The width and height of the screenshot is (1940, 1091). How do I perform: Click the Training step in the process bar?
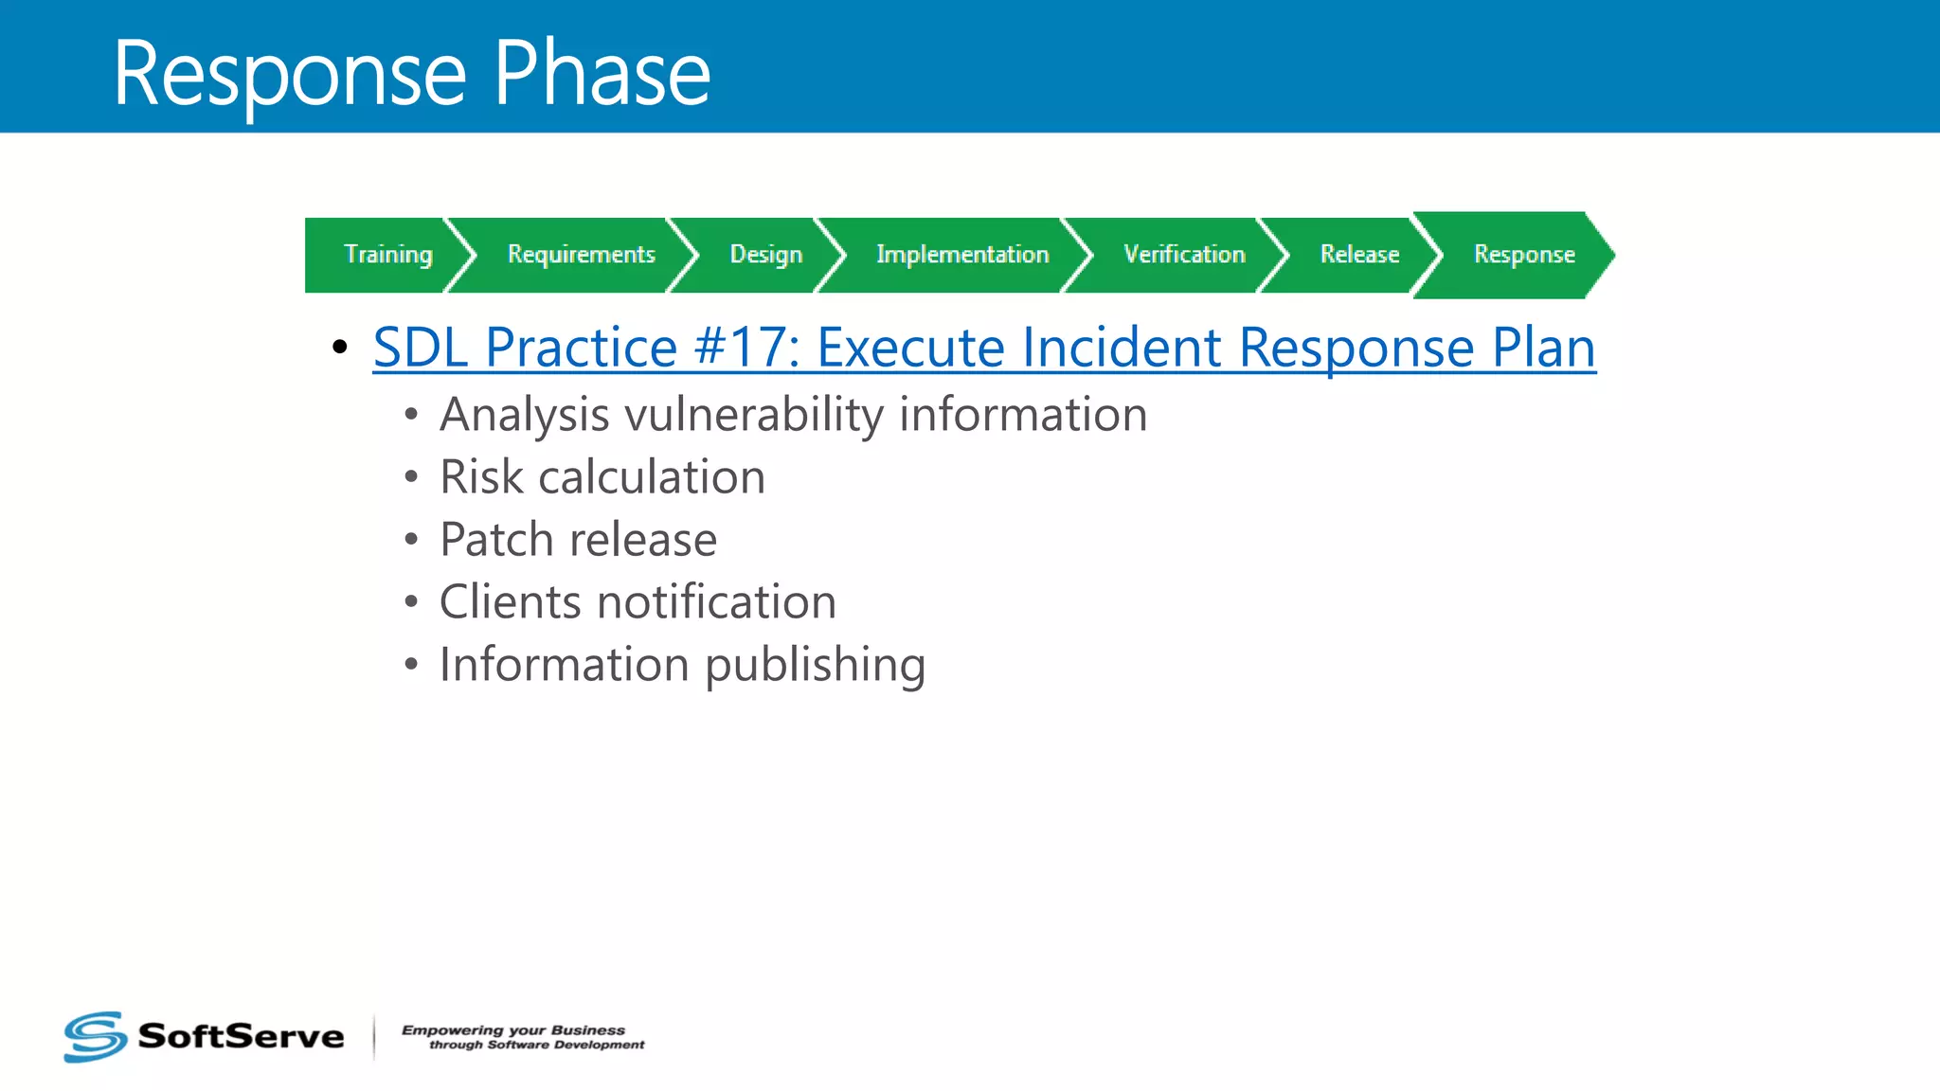387,255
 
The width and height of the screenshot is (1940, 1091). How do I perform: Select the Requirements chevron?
581,255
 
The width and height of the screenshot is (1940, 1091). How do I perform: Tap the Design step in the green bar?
765,255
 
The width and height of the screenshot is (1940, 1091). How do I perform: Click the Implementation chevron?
962,255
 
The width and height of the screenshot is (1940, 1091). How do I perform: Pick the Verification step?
1184,255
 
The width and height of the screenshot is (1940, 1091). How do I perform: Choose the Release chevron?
1359,255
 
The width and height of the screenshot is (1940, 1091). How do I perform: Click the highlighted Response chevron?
1523,255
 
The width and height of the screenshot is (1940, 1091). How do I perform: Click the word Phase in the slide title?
602,74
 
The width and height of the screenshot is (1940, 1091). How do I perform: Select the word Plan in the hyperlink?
1543,348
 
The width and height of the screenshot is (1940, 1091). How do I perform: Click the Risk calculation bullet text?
602,477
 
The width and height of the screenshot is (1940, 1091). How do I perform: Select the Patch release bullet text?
578,540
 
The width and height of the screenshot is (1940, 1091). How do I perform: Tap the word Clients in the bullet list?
510,602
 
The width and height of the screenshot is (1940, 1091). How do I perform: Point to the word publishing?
815,666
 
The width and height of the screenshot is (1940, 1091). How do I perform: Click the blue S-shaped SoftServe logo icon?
95,1036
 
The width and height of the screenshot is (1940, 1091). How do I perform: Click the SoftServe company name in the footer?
241,1036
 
